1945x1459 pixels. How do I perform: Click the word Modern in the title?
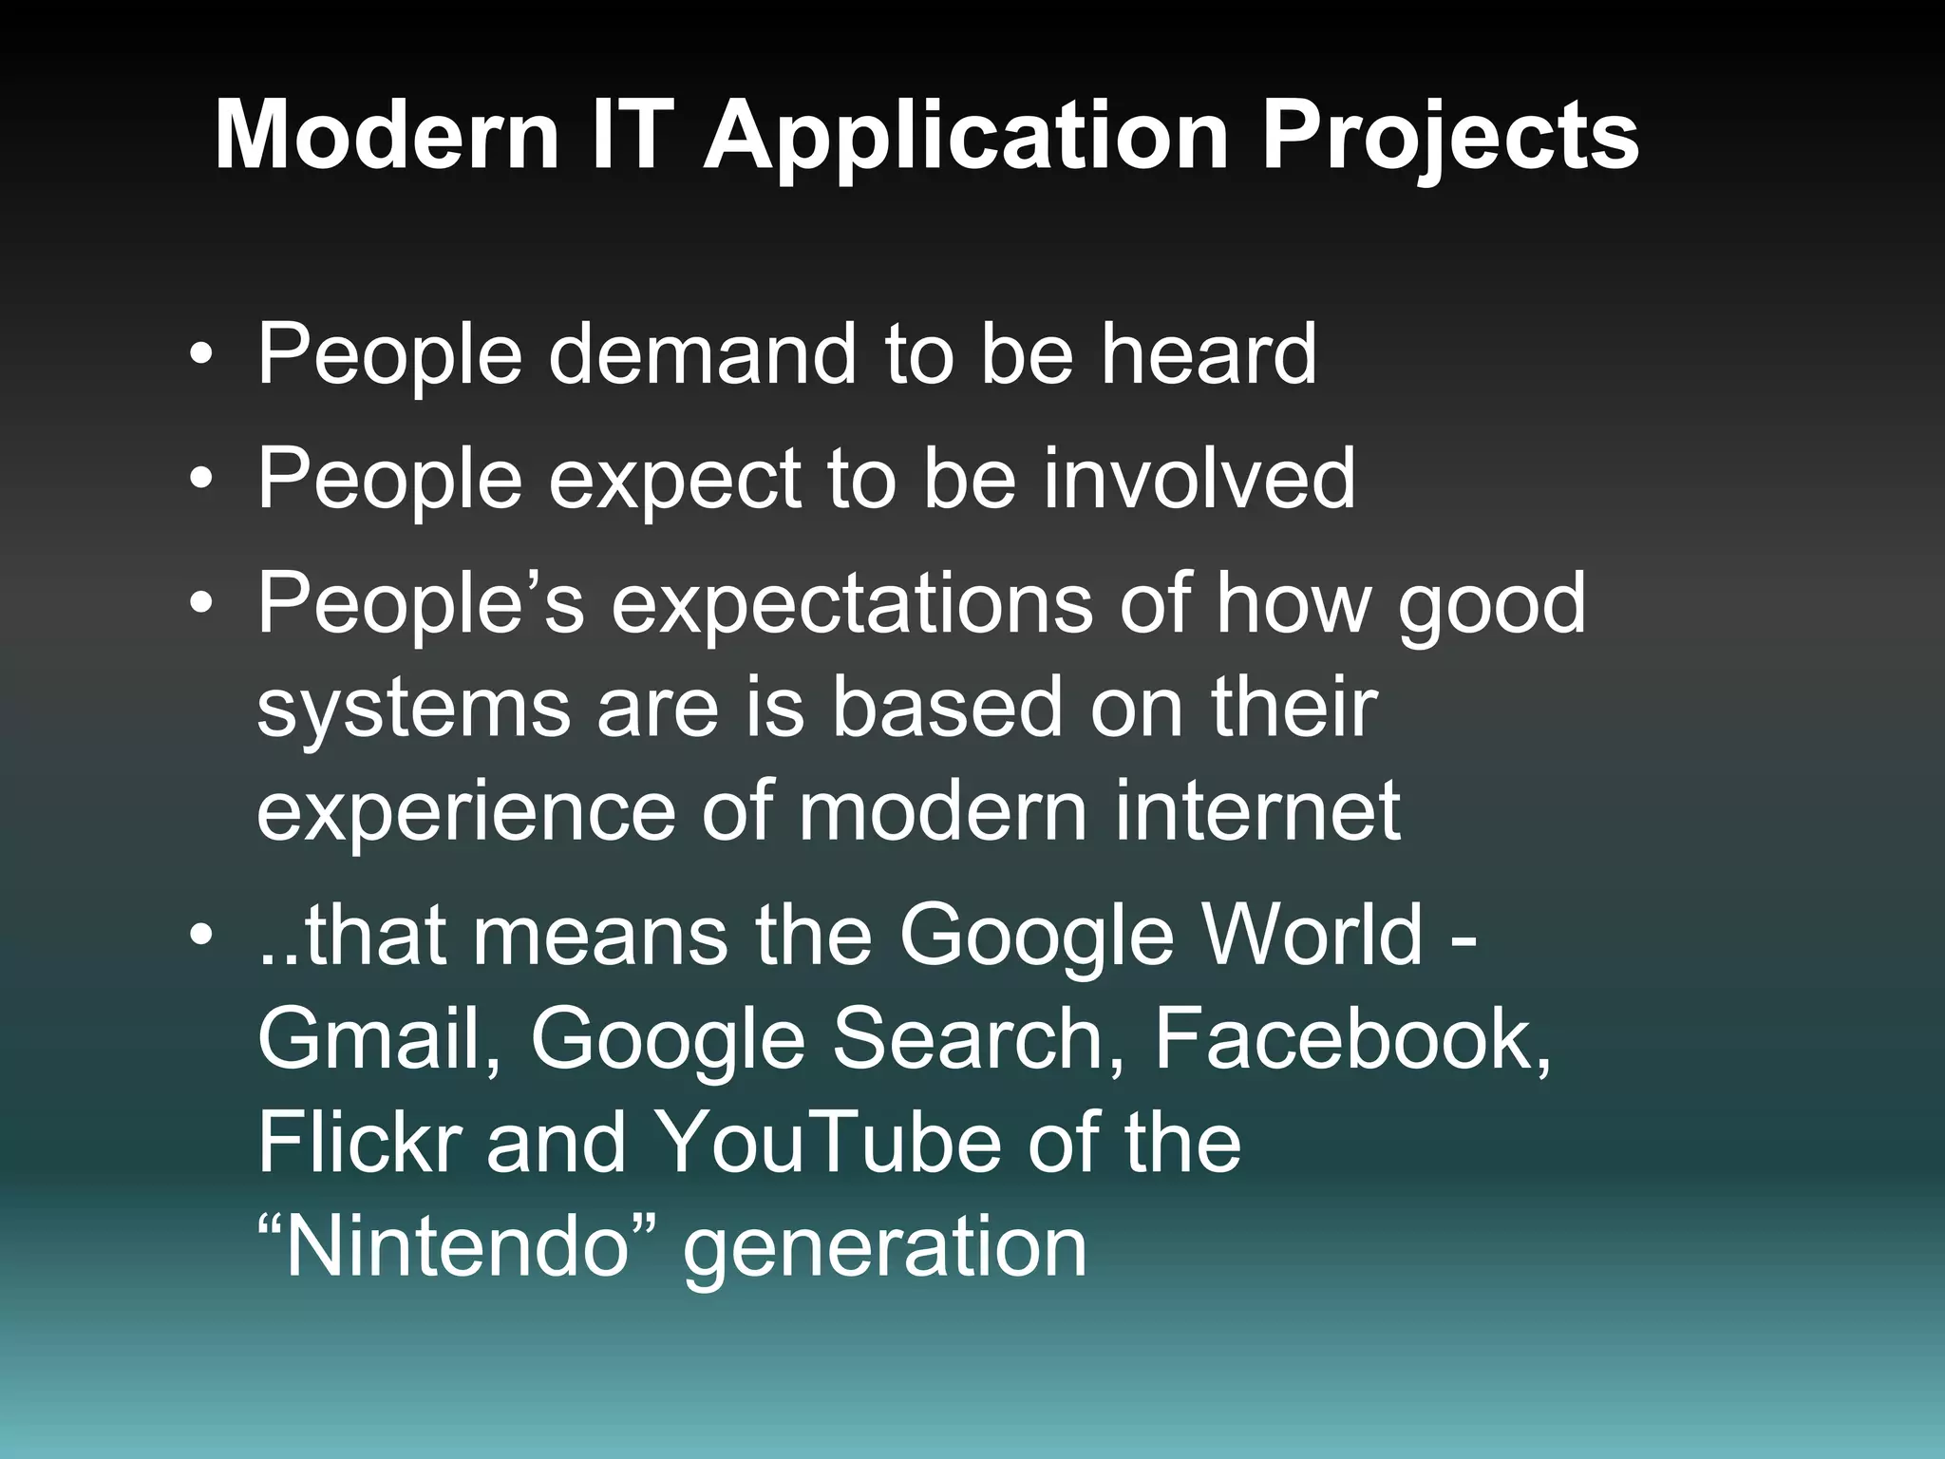pyautogui.click(x=387, y=136)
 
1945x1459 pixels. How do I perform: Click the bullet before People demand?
pyautogui.click(x=200, y=356)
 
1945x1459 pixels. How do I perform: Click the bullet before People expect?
pyautogui.click(x=200, y=481)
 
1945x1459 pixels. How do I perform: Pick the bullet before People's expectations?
pyautogui.click(x=200, y=605)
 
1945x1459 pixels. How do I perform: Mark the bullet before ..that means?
pyautogui.click(x=200, y=937)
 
